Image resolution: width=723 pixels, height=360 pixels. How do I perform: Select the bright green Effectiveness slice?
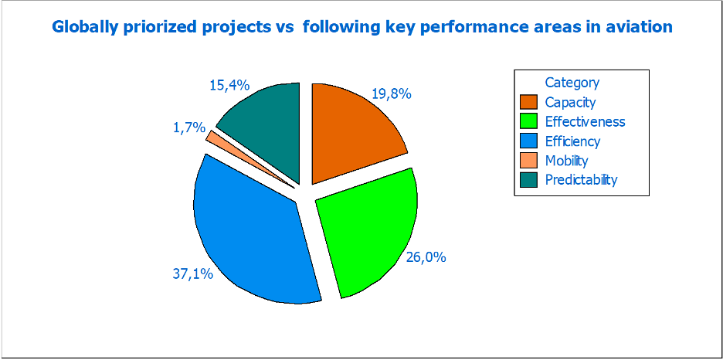tap(367, 232)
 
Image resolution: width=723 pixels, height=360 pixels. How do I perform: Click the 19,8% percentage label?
tap(392, 94)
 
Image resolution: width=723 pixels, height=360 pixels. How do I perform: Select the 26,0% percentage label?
tap(426, 257)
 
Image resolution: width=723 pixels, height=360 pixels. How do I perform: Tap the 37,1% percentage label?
tap(192, 273)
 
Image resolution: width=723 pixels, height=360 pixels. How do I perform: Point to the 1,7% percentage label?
tap(189, 128)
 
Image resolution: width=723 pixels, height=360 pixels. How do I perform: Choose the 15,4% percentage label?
tap(229, 86)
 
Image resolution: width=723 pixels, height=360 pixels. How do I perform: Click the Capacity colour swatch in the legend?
tap(528, 102)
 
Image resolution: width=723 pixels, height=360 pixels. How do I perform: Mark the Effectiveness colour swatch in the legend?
tap(528, 122)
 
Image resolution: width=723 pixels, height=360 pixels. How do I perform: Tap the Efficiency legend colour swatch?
tap(528, 141)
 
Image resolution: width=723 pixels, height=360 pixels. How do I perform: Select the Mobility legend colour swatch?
tap(528, 161)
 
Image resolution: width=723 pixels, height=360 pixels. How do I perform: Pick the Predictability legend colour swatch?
tap(528, 180)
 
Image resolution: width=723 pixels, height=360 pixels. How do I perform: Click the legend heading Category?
tap(572, 83)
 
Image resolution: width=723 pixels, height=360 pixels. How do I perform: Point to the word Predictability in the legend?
tap(581, 180)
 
